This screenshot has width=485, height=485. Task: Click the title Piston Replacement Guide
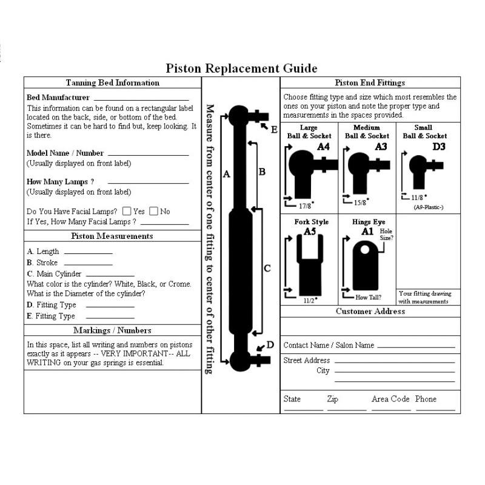[x=241, y=69]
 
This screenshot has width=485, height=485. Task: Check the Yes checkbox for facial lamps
[x=127, y=212]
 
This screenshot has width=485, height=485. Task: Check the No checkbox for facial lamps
[x=153, y=212]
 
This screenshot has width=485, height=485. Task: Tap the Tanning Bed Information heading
[x=112, y=82]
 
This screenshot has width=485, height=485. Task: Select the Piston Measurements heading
[x=112, y=236]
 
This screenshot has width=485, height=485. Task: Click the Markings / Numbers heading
[x=112, y=330]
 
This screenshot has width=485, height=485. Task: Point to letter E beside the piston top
[x=274, y=129]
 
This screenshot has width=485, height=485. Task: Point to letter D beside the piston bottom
[x=270, y=345]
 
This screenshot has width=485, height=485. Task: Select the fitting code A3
[x=381, y=146]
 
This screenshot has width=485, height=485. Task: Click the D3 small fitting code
[x=438, y=146]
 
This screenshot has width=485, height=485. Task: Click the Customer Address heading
[x=370, y=311]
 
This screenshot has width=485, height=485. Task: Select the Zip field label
[x=332, y=399]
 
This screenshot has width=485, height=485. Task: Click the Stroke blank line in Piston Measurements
[x=88, y=264]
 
